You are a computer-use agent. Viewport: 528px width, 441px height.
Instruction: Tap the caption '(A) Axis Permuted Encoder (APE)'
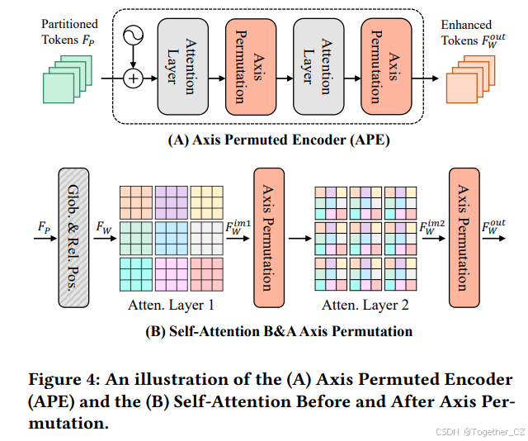[279, 140]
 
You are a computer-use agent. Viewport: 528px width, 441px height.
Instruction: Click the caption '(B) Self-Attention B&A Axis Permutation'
[278, 332]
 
